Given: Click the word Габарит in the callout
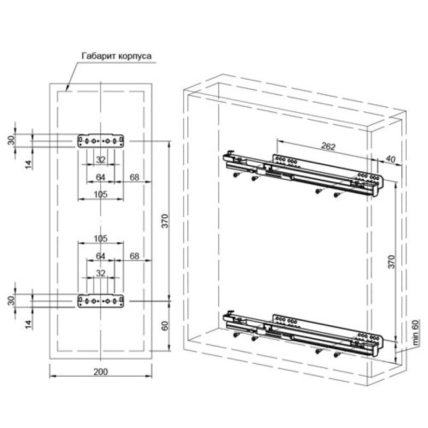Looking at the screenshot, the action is pyautogui.click(x=99, y=56).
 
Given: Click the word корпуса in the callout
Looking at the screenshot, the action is pyautogui.click(x=135, y=57).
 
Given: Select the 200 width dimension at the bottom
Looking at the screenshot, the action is pyautogui.click(x=101, y=372).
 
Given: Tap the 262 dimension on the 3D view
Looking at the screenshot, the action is pyautogui.click(x=328, y=147).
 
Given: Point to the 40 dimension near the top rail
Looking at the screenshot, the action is pyautogui.click(x=391, y=159).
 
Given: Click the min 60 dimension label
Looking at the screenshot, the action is pyautogui.click(x=415, y=332).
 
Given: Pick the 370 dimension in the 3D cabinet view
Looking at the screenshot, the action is pyautogui.click(x=392, y=262).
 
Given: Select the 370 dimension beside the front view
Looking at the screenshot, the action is pyautogui.click(x=165, y=221).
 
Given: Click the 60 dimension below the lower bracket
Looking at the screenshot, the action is pyautogui.click(x=165, y=326).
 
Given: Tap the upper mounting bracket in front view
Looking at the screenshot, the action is pyautogui.click(x=101, y=141).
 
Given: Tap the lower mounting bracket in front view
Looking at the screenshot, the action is pyautogui.click(x=101, y=301).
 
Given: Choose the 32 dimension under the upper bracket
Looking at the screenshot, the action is pyautogui.click(x=101, y=159).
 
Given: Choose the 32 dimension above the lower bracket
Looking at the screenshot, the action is pyautogui.click(x=101, y=273).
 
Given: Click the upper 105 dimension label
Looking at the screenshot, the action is pyautogui.click(x=101, y=194).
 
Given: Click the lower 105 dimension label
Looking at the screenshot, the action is pyautogui.click(x=101, y=239).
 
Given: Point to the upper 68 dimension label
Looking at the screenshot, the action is pyautogui.click(x=134, y=177).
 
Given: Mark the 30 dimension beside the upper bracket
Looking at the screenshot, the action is pyautogui.click(x=11, y=140).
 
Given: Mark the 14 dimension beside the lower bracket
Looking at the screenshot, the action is pyautogui.click(x=28, y=324).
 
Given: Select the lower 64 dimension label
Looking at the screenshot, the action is pyautogui.click(x=101, y=256).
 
